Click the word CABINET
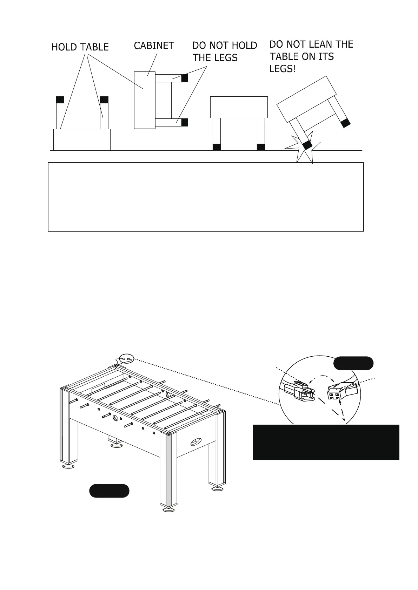click(x=154, y=46)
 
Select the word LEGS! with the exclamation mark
click(x=283, y=69)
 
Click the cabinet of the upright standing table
click(x=239, y=107)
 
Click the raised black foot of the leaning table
click(x=346, y=123)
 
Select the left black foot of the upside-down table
click(x=60, y=100)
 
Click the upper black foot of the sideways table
click(x=185, y=78)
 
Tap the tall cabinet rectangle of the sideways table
click(x=145, y=100)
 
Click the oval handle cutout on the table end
click(x=196, y=441)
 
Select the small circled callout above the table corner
click(x=126, y=359)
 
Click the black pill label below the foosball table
click(x=109, y=490)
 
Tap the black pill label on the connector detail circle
click(x=353, y=363)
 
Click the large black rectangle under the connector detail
click(x=326, y=442)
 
